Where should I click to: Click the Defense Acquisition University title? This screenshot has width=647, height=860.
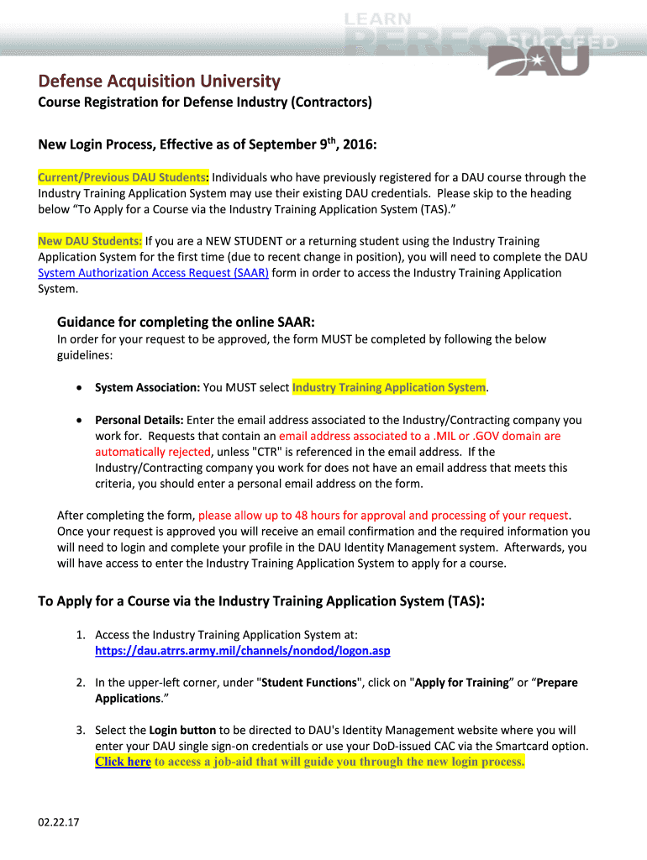159,81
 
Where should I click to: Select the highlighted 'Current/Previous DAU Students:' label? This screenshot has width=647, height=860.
124,177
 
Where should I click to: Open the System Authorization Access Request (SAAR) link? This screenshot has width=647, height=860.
154,273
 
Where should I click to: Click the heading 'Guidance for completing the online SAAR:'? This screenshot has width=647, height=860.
186,322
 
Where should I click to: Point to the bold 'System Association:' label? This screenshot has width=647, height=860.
147,387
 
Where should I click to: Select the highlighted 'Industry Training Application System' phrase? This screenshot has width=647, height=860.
389,387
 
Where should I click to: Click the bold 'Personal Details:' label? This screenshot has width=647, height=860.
139,420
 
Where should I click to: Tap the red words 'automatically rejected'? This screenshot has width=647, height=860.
152,452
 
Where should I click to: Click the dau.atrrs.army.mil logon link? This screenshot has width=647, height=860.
243,651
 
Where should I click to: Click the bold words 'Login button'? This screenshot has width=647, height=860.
182,731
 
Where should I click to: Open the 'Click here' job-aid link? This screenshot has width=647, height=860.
123,763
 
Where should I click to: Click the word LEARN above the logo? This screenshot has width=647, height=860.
377,18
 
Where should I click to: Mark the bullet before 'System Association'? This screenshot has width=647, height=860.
78,388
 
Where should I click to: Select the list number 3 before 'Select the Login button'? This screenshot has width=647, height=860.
80,731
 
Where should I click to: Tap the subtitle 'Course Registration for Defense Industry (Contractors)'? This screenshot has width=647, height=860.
205,103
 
